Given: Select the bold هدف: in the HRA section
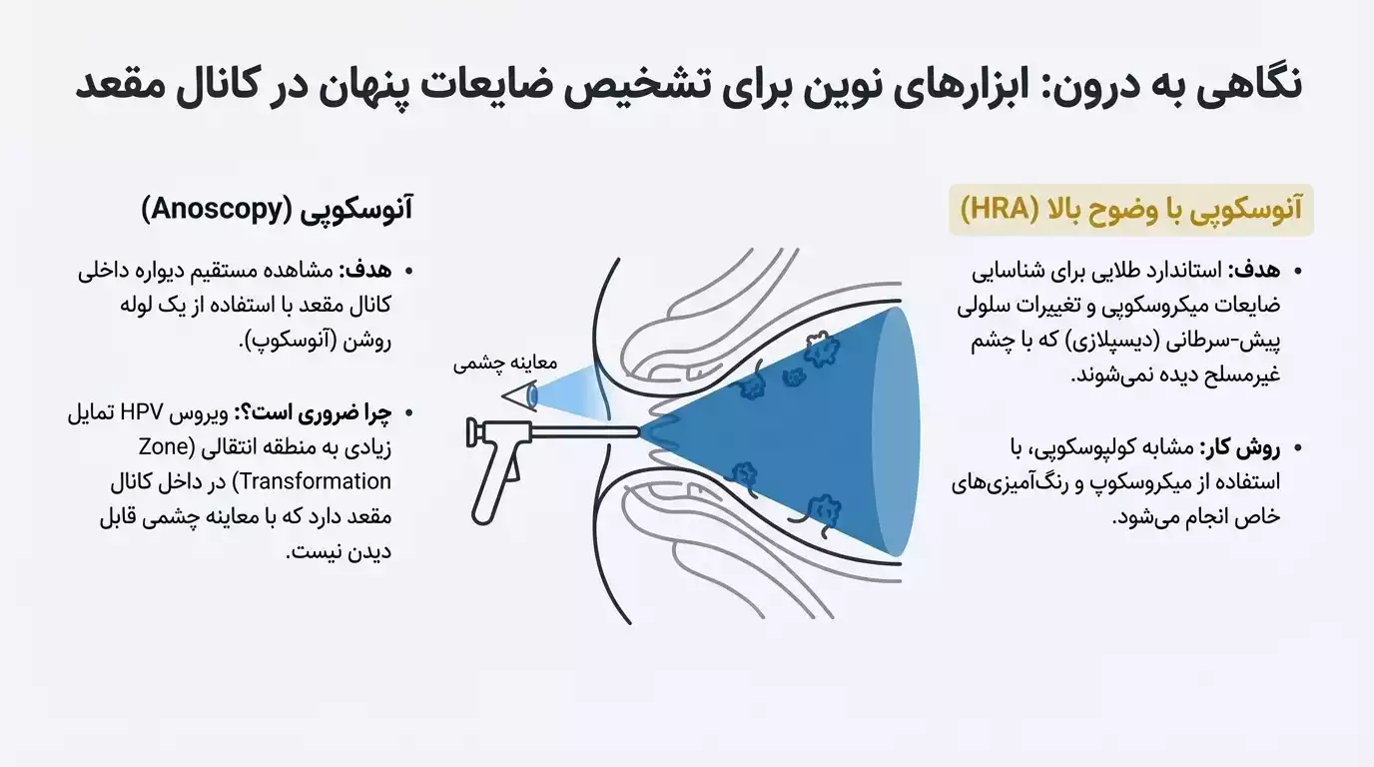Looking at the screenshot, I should tap(1253, 271).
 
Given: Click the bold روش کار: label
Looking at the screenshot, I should tap(1237, 447).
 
